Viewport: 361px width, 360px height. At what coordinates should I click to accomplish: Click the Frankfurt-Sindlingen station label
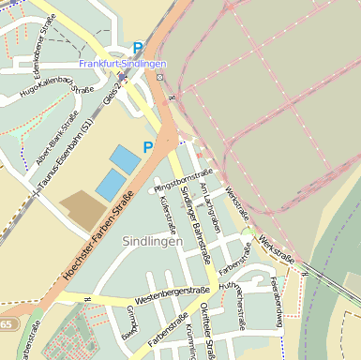click(x=123, y=64)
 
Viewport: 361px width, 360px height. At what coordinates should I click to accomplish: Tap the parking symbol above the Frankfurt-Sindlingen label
click(x=138, y=48)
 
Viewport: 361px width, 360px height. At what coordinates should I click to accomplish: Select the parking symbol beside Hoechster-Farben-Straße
click(x=147, y=146)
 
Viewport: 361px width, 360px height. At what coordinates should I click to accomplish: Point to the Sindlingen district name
click(x=152, y=241)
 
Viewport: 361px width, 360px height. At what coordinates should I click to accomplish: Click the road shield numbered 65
click(x=6, y=323)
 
